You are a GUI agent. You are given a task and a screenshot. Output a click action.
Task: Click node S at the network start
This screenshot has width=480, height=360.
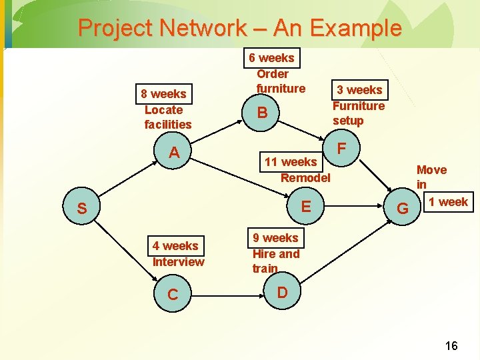tap(81, 209)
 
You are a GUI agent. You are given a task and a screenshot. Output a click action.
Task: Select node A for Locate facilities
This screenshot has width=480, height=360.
tap(174, 153)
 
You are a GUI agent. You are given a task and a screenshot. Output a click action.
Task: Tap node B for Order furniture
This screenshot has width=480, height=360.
tap(263, 113)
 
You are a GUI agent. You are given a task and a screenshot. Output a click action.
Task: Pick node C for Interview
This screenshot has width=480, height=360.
tap(173, 295)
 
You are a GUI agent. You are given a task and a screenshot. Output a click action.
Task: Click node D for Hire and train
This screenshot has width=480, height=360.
tap(282, 293)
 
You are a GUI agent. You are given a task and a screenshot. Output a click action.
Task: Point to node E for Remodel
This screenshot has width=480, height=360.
tap(306, 206)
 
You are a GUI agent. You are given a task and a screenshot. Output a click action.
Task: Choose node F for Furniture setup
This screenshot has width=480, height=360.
tap(341, 147)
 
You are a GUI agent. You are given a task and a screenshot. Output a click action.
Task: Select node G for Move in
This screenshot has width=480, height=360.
tap(403, 209)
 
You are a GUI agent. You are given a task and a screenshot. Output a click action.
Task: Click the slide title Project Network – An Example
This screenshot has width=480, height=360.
tap(240, 28)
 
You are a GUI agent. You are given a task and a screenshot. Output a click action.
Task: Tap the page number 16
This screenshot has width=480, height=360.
tap(451, 345)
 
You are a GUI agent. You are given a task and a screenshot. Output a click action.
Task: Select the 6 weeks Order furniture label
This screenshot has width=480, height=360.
tap(272, 73)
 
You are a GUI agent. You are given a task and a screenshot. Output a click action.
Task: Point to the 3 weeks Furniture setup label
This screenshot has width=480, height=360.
tap(359, 105)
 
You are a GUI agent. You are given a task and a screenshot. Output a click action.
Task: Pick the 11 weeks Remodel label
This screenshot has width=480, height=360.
tap(297, 169)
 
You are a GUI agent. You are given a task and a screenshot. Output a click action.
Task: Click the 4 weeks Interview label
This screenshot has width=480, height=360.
tap(177, 253)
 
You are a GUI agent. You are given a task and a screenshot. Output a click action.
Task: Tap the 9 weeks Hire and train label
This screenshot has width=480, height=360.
tap(276, 253)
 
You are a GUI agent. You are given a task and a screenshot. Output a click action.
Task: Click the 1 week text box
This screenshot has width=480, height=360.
tap(448, 201)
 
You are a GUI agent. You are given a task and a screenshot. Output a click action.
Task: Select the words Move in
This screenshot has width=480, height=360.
tap(431, 177)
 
